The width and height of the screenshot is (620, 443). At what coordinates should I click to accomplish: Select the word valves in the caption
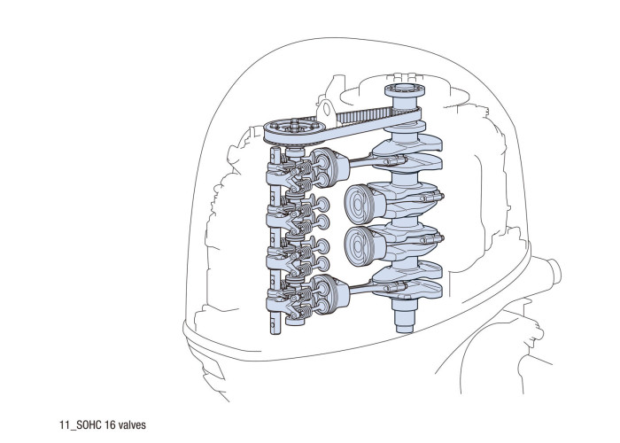pos(132,425)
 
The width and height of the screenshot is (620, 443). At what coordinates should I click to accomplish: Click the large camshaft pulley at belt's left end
pos(294,131)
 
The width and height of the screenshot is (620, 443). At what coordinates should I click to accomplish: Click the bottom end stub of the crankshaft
pos(405,316)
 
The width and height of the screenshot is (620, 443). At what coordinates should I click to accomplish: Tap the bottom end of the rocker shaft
pos(275,325)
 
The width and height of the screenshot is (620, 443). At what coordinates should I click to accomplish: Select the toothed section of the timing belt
pos(363,116)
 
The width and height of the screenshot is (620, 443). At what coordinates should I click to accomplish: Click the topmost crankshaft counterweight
pos(411,144)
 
